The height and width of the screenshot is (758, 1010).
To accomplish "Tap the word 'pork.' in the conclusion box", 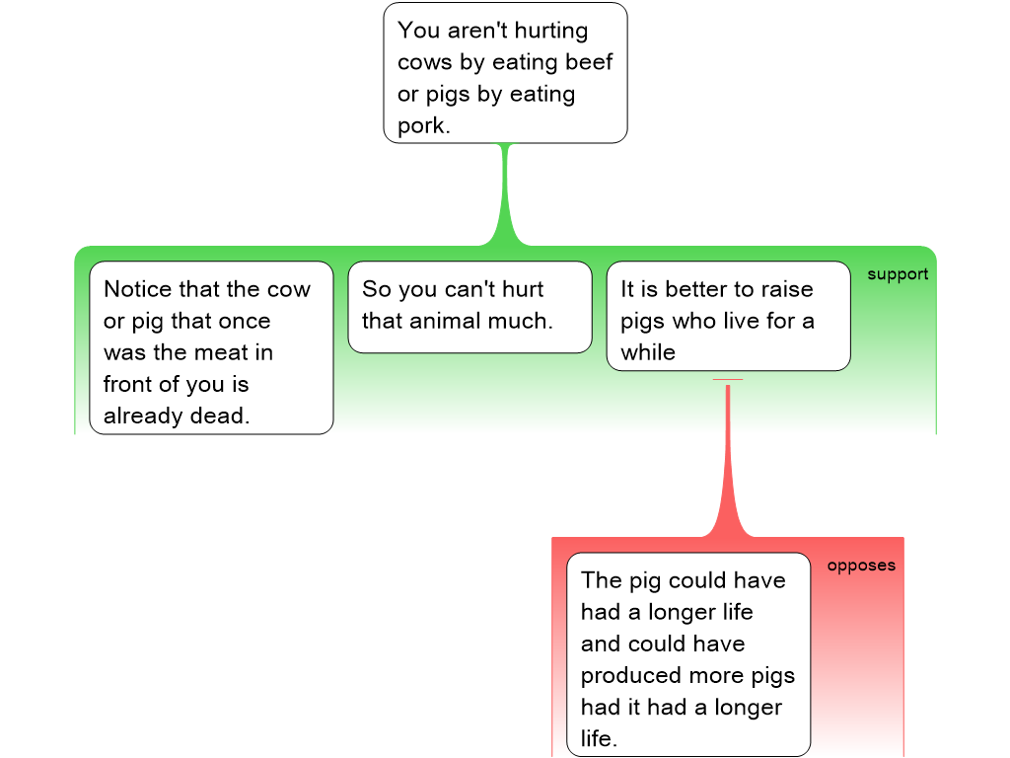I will [x=424, y=125].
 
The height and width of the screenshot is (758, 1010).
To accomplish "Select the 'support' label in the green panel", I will [x=898, y=274].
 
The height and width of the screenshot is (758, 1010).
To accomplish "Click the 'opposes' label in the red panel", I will [x=861, y=566].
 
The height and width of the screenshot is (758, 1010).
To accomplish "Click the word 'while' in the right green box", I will [x=648, y=352].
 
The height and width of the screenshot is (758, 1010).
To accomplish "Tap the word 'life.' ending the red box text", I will [x=599, y=738].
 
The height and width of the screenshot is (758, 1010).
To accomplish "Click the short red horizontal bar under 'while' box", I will [x=728, y=380].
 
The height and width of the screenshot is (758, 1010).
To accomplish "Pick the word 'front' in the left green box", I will [x=131, y=384].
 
